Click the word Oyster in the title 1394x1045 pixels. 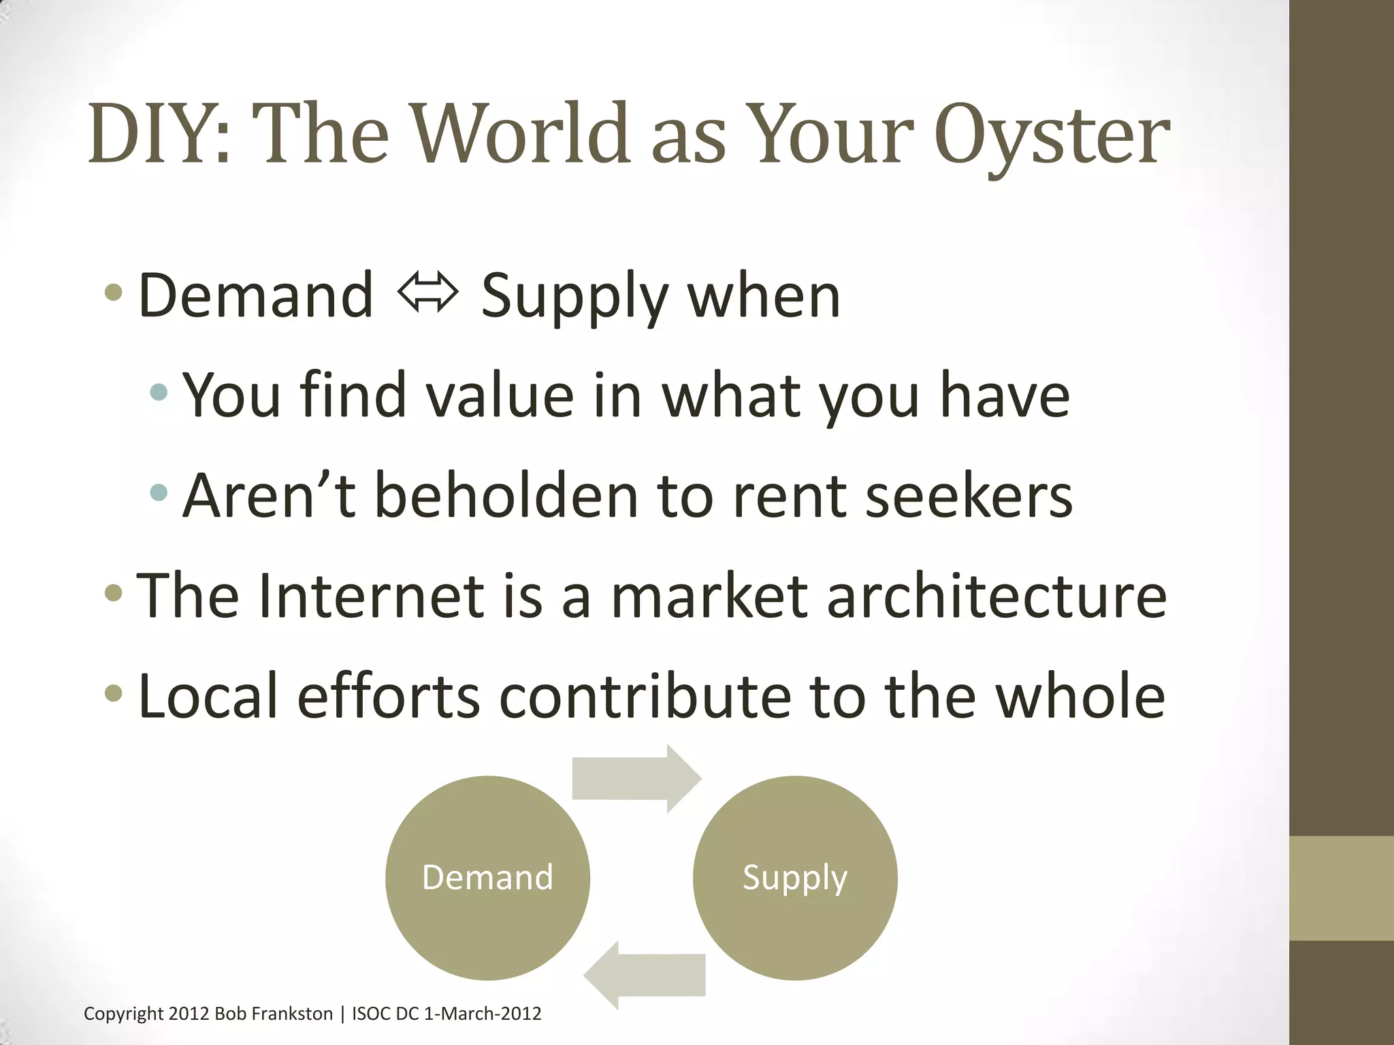[1052, 135]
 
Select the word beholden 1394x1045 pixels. [506, 495]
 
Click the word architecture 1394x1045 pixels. [996, 596]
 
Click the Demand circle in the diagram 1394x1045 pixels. [487, 878]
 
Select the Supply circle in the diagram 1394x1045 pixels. [795, 878]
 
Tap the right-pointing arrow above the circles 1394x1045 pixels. [636, 778]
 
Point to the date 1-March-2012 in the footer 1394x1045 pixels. [483, 1014]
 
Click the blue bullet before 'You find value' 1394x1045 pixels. [159, 393]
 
